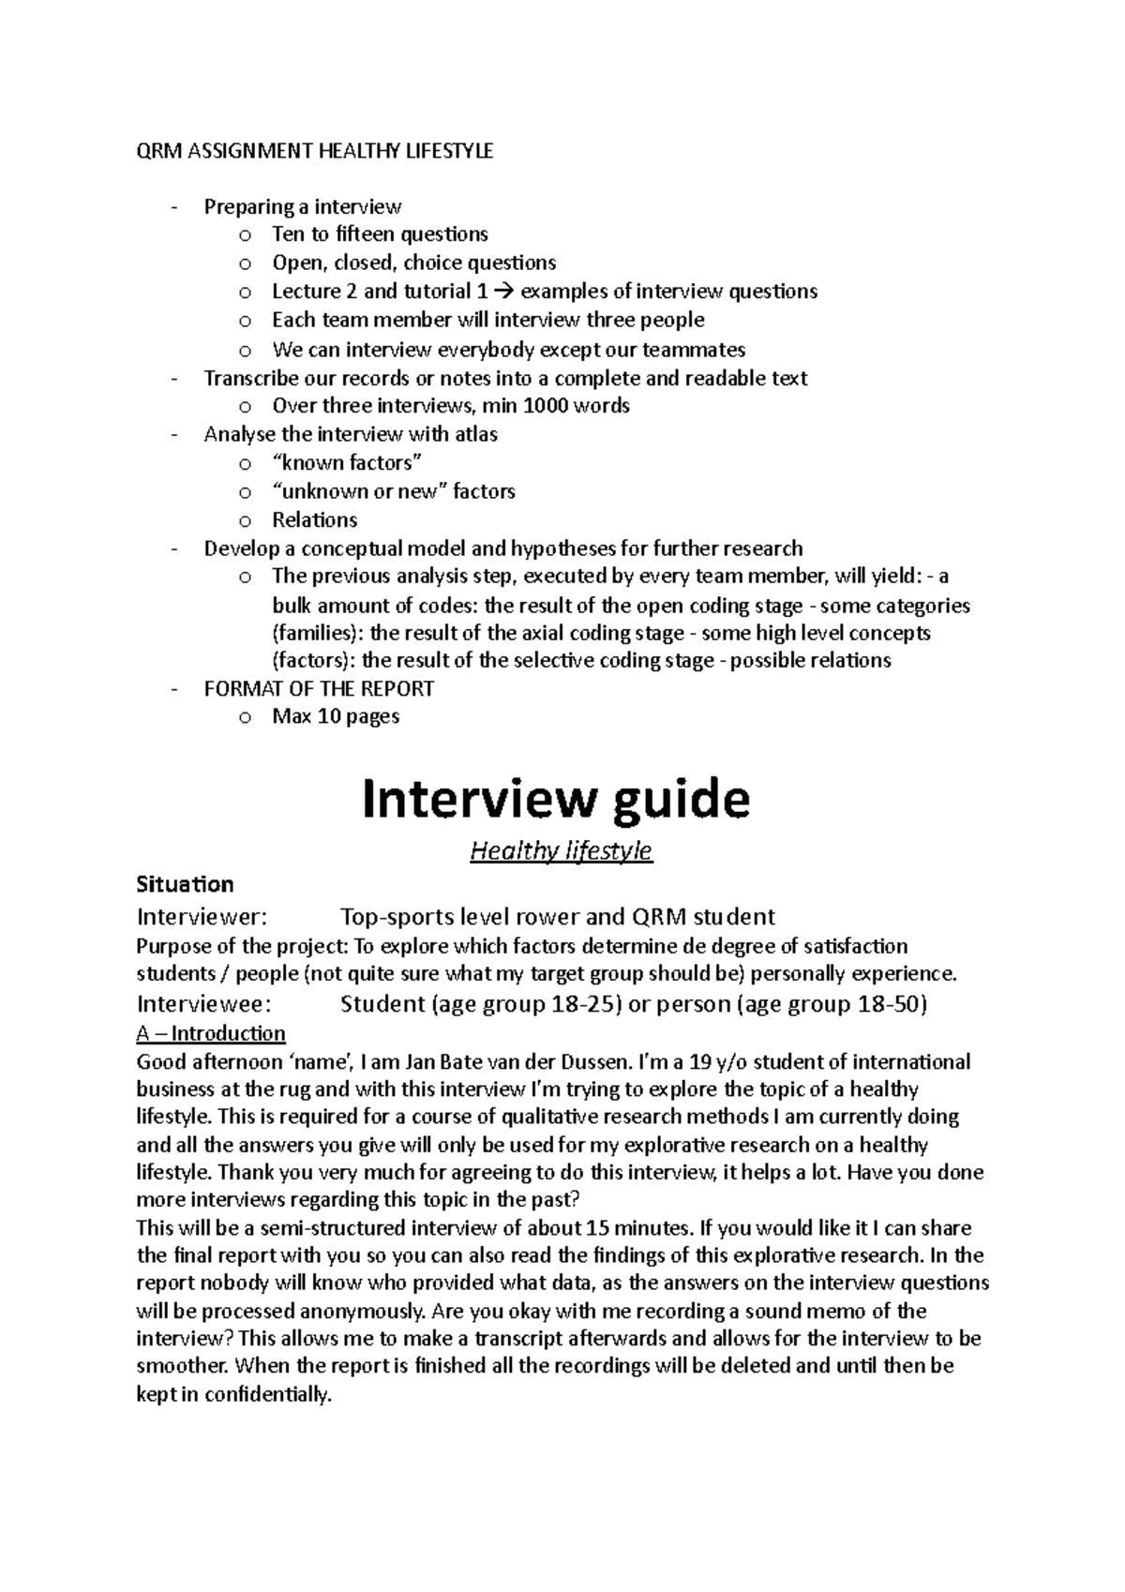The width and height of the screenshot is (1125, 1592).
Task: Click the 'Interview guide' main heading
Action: pyautogui.click(x=556, y=800)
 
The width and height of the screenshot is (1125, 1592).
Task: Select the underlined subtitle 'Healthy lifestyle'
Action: pyautogui.click(x=561, y=851)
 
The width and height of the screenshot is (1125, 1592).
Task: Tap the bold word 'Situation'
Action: pyautogui.click(x=185, y=884)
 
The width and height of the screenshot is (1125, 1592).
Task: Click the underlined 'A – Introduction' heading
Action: pyautogui.click(x=211, y=1033)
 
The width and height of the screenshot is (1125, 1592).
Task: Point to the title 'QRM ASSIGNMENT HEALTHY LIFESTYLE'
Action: pyautogui.click(x=314, y=151)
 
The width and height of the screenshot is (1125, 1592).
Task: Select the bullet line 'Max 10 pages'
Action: pyautogui.click(x=336, y=716)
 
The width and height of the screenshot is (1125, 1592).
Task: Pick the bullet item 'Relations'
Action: pyautogui.click(x=314, y=519)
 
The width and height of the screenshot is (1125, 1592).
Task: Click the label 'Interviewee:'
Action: pyautogui.click(x=203, y=1004)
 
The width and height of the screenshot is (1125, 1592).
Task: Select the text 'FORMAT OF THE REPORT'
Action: pyautogui.click(x=319, y=689)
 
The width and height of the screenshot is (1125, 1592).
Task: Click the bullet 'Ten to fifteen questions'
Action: pyautogui.click(x=380, y=233)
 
